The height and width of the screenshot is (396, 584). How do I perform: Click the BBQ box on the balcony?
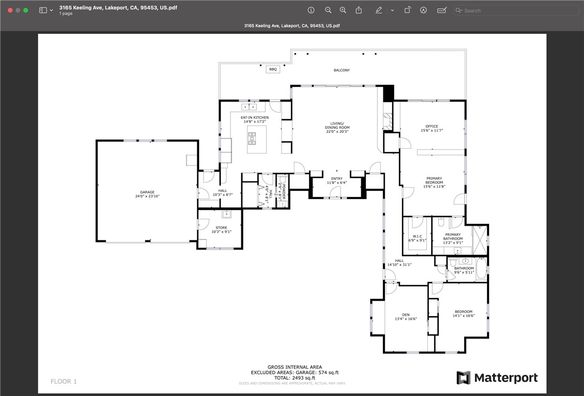pos(273,69)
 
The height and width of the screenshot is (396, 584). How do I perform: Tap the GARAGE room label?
pos(147,192)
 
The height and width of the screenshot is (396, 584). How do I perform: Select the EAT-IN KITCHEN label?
pos(254,118)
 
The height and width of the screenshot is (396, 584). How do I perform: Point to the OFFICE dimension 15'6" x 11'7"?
pos(432,131)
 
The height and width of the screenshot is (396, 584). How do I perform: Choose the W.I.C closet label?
pos(417,236)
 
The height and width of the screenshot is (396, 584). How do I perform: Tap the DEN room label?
pos(406,315)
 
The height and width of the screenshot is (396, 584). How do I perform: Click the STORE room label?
pos(221,228)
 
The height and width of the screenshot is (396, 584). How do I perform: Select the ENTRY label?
pos(336,178)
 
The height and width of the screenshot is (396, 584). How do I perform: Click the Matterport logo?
pos(497,378)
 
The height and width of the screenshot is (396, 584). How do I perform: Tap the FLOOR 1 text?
pos(63,381)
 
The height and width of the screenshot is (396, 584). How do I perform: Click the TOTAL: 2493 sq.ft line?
pos(294,378)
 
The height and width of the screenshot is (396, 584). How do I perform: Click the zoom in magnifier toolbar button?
pos(343,10)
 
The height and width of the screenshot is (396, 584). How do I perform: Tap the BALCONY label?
pos(342,71)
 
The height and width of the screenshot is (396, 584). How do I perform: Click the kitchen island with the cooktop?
pos(256,139)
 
